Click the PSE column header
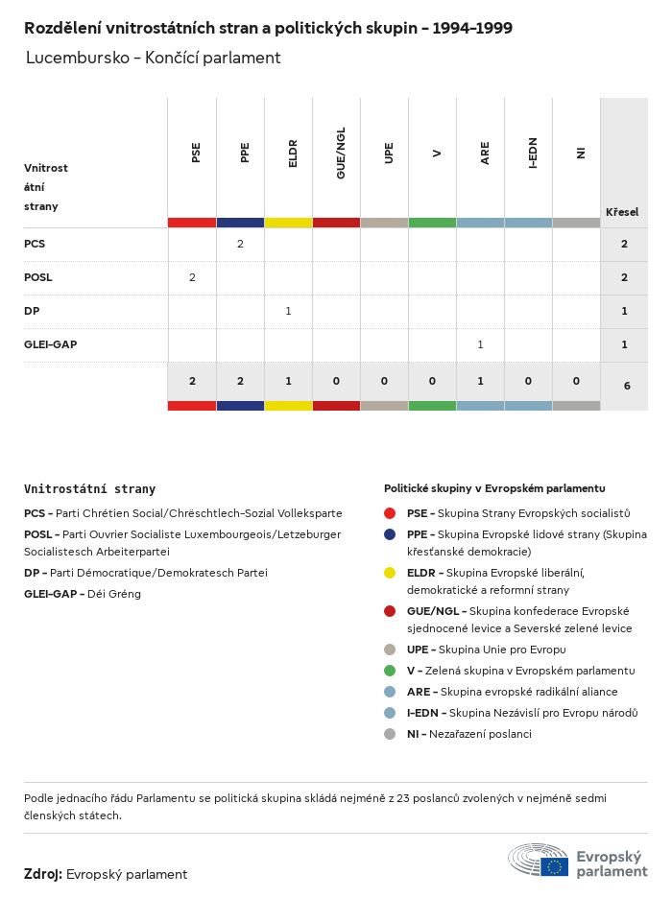196,153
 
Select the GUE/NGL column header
341,153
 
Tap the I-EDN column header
533,153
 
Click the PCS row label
35,244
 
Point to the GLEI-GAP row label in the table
50,343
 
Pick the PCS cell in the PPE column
240,244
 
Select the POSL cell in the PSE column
192,277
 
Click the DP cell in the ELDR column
288,311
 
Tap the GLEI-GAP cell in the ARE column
480,343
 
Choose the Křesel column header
622,212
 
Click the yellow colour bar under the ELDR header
288,223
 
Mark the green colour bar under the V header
432,223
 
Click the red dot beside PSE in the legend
390,513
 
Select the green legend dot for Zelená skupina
390,671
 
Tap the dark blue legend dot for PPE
390,534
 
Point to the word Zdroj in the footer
42,874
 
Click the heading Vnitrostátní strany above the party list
89,488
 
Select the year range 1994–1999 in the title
472,28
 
